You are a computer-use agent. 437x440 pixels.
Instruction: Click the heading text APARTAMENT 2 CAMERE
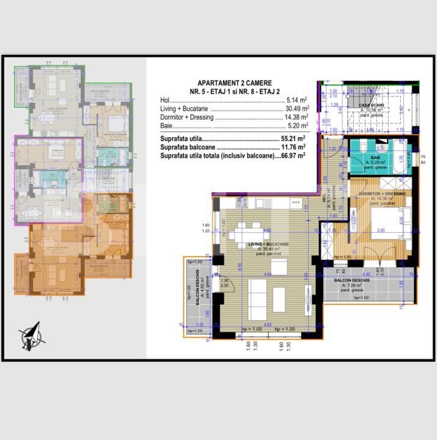(235, 83)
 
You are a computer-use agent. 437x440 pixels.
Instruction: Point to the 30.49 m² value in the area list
(295, 109)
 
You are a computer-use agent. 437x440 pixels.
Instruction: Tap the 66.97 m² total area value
(294, 156)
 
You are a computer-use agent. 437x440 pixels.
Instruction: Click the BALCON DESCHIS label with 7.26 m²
(354, 280)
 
